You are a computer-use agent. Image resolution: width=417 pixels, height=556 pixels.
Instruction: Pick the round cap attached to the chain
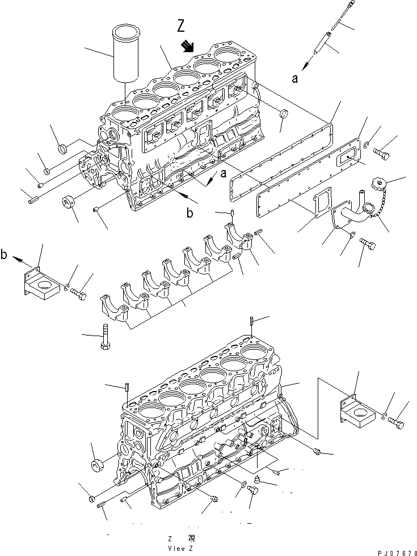(x=377, y=185)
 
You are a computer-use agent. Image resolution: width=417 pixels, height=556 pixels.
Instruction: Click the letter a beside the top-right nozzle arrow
(x=294, y=79)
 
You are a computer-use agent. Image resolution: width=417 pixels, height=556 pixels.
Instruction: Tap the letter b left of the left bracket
(x=4, y=256)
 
